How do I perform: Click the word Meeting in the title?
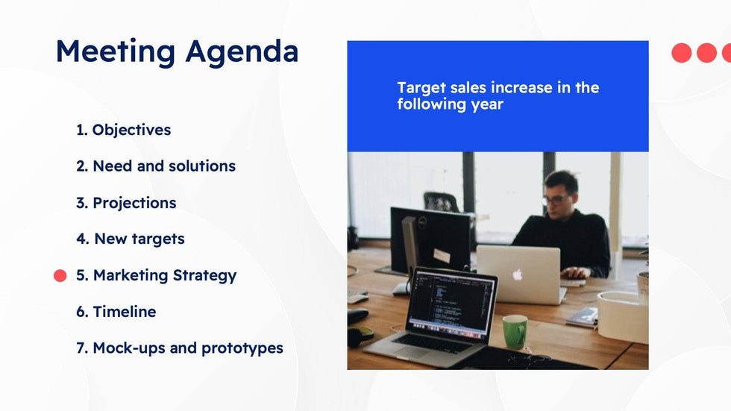[116, 51]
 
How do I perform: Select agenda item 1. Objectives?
[124, 130]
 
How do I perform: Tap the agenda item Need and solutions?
[156, 166]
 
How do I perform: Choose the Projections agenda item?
[126, 203]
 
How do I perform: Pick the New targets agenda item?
[131, 239]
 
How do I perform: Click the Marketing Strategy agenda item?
[156, 275]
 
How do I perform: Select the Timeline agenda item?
[116, 312]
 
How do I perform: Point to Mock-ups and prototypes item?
[180, 348]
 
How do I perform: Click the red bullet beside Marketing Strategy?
[60, 276]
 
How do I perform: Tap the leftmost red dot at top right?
[682, 53]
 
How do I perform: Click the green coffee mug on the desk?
[515, 332]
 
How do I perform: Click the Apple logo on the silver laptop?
[518, 274]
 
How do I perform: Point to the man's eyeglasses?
[555, 199]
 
